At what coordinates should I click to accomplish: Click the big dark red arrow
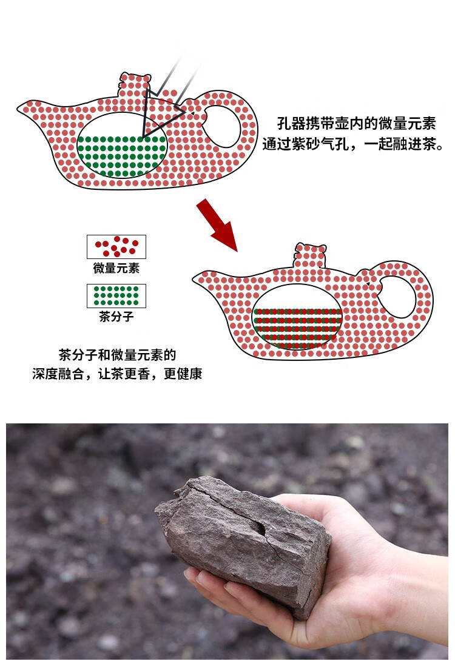(217, 225)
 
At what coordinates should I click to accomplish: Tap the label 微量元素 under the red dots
(116, 268)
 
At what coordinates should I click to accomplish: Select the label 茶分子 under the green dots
(116, 317)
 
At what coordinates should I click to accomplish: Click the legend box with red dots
(116, 247)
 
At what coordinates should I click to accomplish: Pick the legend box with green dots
(116, 296)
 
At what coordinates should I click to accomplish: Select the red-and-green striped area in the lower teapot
(297, 328)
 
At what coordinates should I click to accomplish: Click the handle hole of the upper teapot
(223, 127)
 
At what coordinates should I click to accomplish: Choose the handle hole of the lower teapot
(397, 297)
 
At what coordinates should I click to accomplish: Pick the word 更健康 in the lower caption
(183, 373)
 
